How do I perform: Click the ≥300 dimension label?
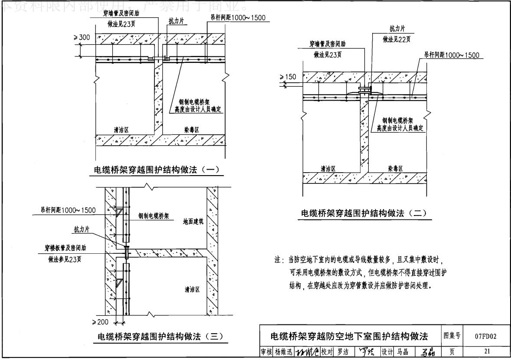tap(82, 38)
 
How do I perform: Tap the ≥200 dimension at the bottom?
tap(101, 322)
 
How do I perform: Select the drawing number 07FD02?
tap(485, 336)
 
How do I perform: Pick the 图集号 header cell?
tap(451, 336)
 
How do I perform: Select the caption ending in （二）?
tap(364, 213)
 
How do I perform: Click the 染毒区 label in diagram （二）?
tap(396, 168)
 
